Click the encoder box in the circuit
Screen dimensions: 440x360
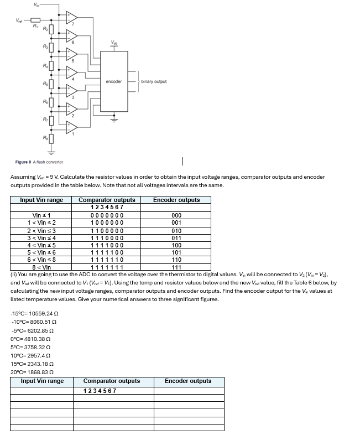[x=113, y=81]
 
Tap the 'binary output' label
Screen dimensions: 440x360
[x=153, y=81]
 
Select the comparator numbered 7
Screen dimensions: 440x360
[x=72, y=19]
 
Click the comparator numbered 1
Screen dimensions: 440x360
[x=72, y=127]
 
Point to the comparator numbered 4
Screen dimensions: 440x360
[x=72, y=73]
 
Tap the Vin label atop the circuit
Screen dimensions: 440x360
[x=36, y=5]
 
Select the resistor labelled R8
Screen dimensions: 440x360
[x=51, y=138]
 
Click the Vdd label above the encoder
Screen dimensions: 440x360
[x=113, y=42]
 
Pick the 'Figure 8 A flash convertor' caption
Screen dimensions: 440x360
[x=39, y=162]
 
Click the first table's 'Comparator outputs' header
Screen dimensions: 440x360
[x=107, y=200]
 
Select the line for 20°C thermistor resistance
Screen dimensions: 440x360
[x=34, y=372]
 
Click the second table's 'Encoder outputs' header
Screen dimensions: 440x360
[x=188, y=381]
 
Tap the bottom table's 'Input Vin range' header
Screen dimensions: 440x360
[x=42, y=381]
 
